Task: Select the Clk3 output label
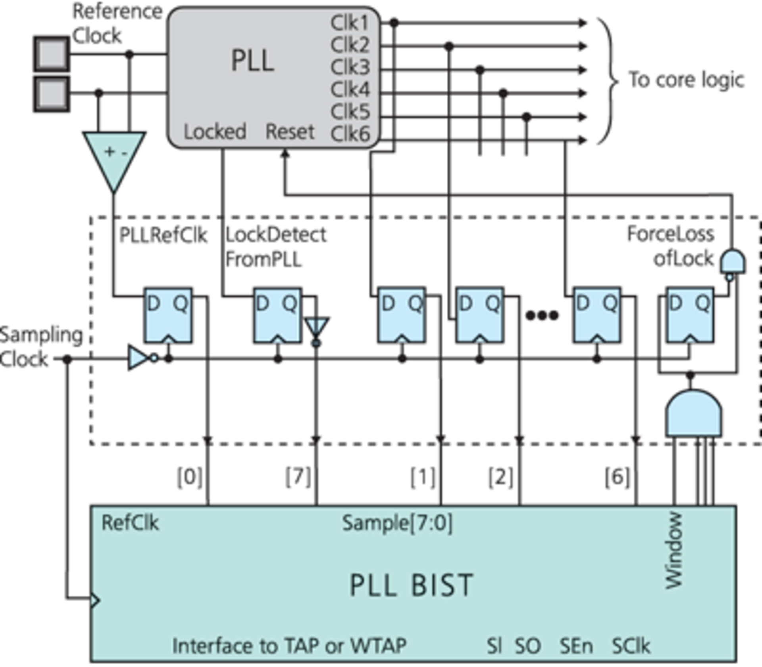(x=350, y=67)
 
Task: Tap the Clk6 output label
(x=350, y=134)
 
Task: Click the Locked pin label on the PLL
(x=215, y=131)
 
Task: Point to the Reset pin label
(x=290, y=131)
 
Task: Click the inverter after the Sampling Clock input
(x=139, y=358)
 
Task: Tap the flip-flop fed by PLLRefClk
(x=168, y=316)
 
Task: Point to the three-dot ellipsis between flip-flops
(x=542, y=316)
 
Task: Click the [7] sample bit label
(x=298, y=477)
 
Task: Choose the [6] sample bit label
(x=617, y=477)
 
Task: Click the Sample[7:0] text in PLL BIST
(x=397, y=523)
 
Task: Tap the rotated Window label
(x=673, y=550)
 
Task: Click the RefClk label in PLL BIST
(x=130, y=523)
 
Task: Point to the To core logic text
(x=686, y=80)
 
